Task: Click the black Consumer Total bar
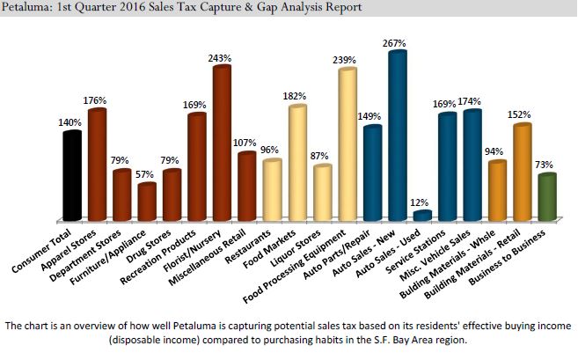pos(72,176)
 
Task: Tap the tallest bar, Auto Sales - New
pos(399,136)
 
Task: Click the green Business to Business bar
pos(547,198)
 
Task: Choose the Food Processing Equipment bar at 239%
pos(348,145)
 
